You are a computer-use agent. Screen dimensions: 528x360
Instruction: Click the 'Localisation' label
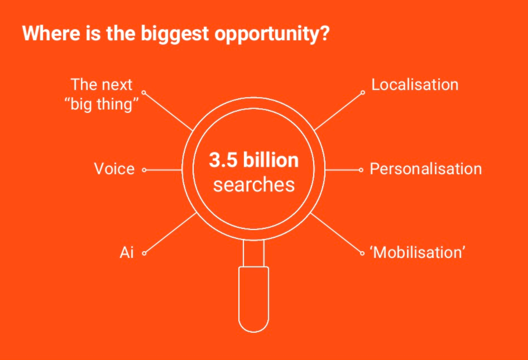[414, 84]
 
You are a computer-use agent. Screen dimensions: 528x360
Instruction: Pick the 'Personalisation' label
[426, 169]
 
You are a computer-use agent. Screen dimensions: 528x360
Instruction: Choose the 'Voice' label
[114, 169]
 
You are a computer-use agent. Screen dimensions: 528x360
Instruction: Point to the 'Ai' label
[127, 253]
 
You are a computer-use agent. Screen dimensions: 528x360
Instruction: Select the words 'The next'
[102, 84]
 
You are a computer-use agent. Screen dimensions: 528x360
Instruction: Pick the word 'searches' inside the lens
[254, 185]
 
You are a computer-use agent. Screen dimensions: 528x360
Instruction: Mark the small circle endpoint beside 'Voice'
[144, 170]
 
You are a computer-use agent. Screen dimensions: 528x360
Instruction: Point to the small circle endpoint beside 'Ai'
[144, 253]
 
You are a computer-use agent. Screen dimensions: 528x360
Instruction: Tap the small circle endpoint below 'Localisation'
[363, 92]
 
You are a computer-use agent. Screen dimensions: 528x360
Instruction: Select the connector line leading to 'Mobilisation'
[336, 232]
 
